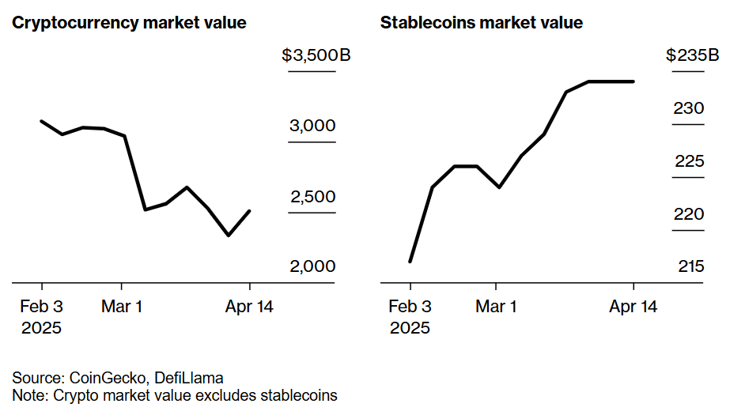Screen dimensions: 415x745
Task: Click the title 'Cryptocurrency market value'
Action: click(129, 23)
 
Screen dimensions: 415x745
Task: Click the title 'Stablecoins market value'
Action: click(482, 23)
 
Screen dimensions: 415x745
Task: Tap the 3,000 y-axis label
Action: click(312, 126)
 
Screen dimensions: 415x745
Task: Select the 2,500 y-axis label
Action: click(313, 197)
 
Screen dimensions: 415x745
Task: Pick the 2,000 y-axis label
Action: click(312, 266)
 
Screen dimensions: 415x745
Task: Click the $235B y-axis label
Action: click(693, 56)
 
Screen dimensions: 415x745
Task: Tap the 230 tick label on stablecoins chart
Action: click(689, 108)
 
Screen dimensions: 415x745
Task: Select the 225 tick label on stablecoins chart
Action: click(689, 161)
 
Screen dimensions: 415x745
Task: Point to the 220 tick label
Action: click(689, 214)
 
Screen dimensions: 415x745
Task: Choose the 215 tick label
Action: click(690, 266)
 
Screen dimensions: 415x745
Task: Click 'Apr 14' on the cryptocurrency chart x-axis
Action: click(250, 307)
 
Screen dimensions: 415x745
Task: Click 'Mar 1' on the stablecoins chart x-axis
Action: click(496, 307)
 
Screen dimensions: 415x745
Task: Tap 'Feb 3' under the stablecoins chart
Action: click(410, 307)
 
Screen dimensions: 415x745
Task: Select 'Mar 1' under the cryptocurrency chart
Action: click(122, 307)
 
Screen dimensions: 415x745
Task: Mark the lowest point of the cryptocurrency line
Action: click(229, 236)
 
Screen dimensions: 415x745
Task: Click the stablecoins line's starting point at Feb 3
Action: click(410, 262)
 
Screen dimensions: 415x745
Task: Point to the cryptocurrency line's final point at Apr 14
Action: click(250, 211)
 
